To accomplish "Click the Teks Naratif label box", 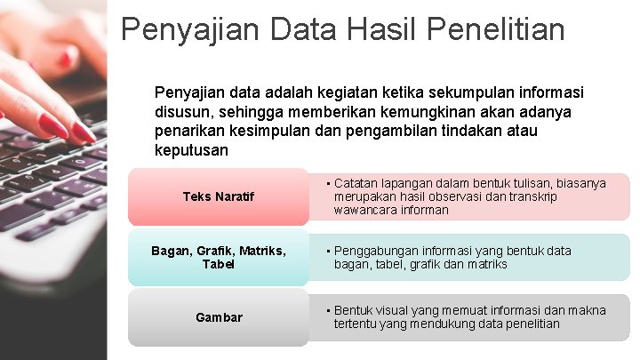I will [218, 196].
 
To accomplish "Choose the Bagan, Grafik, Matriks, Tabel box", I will [218, 258].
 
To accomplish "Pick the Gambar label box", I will [218, 317].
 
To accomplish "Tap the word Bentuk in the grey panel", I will [353, 310].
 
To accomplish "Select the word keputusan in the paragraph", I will [191, 150].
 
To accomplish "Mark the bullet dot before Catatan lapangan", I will [328, 183].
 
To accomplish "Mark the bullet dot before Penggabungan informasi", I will [328, 251].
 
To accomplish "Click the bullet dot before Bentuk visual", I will [328, 310].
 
